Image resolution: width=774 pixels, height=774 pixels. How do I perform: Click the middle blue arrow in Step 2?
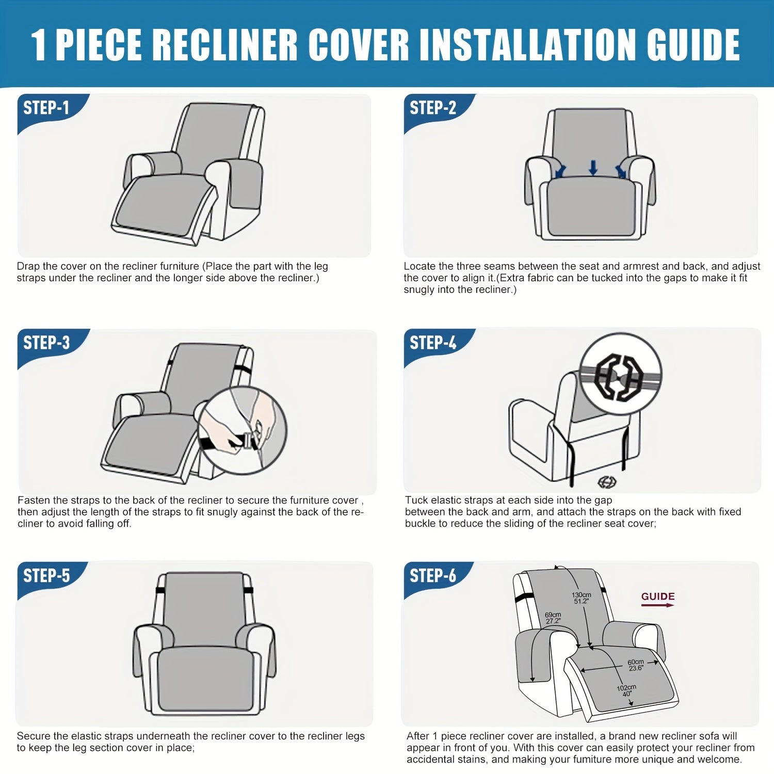click(593, 167)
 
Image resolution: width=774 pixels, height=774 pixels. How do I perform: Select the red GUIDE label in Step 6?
click(658, 597)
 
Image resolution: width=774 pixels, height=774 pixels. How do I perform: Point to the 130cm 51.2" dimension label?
click(582, 598)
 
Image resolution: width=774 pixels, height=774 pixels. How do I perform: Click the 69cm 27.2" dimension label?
click(553, 618)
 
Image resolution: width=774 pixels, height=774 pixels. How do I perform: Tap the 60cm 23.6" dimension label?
click(636, 665)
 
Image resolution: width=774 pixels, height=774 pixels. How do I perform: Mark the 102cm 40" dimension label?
click(626, 690)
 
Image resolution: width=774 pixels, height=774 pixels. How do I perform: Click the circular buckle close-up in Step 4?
click(621, 374)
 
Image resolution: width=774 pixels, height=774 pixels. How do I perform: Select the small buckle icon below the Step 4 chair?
click(606, 482)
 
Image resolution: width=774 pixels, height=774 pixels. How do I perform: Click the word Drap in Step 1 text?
click(28, 267)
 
